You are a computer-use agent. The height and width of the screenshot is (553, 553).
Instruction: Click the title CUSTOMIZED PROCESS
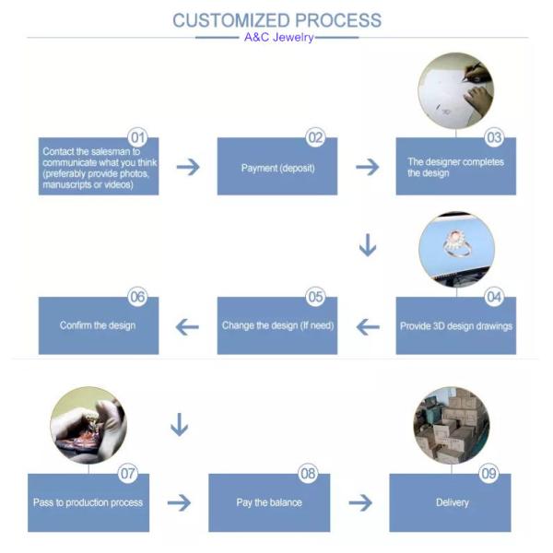pos(276,20)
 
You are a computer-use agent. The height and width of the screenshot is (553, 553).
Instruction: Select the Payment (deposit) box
pos(276,168)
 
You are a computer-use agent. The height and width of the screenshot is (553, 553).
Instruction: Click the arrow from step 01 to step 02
pos(188,167)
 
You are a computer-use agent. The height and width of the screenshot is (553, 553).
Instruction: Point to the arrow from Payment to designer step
pos(367,167)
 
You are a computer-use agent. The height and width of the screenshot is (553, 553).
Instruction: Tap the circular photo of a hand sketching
pos(456,89)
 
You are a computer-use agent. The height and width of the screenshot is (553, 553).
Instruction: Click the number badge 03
pos(495,138)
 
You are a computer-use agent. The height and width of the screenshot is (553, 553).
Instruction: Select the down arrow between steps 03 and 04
pos(368,246)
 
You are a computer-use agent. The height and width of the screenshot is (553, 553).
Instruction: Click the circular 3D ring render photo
pos(456,252)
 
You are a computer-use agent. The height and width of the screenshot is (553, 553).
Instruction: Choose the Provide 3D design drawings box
pos(456,326)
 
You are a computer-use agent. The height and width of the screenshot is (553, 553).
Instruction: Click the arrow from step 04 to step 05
pos(368,325)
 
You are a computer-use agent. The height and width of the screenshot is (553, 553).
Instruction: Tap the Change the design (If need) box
pos(276,326)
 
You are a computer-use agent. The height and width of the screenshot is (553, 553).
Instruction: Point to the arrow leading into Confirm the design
pos(188,325)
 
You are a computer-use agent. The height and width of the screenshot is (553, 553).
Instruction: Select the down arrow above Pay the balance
pos(180,425)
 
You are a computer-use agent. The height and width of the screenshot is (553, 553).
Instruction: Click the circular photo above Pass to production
pos(88,425)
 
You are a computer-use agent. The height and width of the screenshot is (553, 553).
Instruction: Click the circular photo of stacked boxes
pos(452,425)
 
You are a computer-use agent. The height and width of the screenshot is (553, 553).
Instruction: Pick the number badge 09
pos(489,474)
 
